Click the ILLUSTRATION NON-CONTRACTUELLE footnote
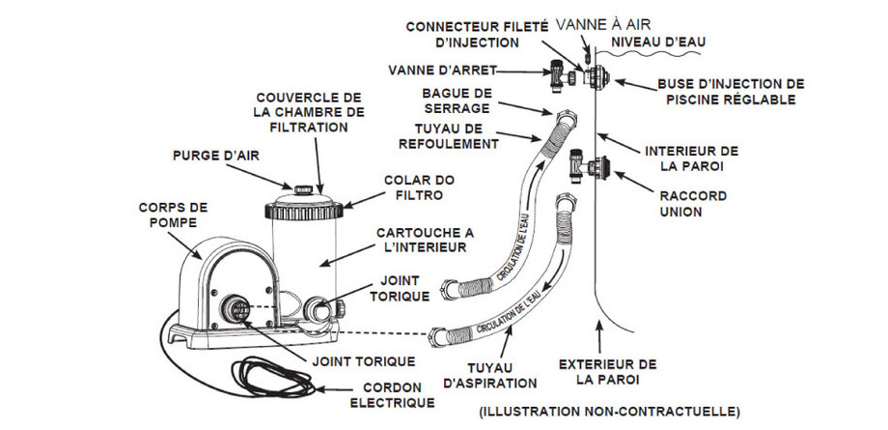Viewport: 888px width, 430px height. (x=609, y=412)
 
